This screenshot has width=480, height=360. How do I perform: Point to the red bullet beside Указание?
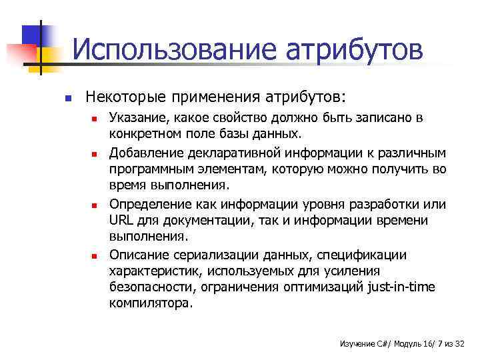coord(95,120)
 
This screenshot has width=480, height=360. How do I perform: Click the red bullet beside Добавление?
coord(95,154)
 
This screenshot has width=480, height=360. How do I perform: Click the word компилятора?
coord(151,303)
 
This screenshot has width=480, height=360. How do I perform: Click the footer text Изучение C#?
coord(363,343)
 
